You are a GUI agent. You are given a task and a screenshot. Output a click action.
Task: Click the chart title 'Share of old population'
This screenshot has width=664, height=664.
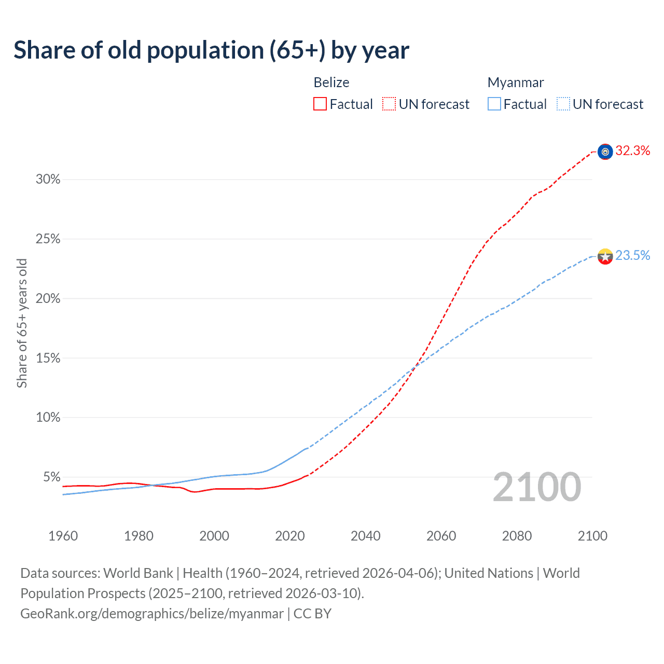pyautogui.click(x=211, y=50)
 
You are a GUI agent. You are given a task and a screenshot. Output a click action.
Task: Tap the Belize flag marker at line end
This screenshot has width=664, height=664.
pyautogui.click(x=605, y=151)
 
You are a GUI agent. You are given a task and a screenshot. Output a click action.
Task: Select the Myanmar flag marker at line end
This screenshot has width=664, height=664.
pyautogui.click(x=605, y=256)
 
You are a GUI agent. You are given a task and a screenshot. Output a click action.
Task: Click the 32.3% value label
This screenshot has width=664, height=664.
pyautogui.click(x=632, y=151)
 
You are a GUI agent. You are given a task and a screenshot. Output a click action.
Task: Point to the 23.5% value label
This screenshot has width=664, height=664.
pyautogui.click(x=632, y=255)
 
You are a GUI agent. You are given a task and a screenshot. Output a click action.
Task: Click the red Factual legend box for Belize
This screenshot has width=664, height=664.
pyautogui.click(x=320, y=104)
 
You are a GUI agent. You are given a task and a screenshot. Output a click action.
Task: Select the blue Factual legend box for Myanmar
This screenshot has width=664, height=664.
pyautogui.click(x=494, y=104)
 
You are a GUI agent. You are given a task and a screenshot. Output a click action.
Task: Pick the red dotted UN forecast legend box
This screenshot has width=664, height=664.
pyautogui.click(x=389, y=104)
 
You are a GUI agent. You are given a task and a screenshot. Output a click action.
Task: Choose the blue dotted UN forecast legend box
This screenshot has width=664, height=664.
pyautogui.click(x=563, y=104)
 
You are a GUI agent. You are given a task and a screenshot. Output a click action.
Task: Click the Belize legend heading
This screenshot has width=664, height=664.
pyautogui.click(x=331, y=82)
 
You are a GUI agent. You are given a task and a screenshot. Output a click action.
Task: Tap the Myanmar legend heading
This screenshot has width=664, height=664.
pyautogui.click(x=516, y=82)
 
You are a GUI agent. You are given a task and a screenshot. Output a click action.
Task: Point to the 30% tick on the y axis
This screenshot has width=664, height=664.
pyautogui.click(x=48, y=179)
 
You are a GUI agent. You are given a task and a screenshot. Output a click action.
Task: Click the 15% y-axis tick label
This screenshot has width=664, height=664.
pyautogui.click(x=48, y=358)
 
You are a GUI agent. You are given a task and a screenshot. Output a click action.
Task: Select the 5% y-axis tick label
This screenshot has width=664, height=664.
pyautogui.click(x=51, y=477)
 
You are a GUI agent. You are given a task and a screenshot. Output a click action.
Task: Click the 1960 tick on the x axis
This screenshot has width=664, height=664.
pyautogui.click(x=63, y=536)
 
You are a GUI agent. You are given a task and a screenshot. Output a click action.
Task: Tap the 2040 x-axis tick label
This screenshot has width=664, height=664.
pyautogui.click(x=365, y=536)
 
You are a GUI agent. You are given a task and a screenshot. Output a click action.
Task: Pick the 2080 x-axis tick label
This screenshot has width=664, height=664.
pyautogui.click(x=517, y=536)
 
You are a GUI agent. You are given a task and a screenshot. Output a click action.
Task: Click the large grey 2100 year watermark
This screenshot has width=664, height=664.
pyautogui.click(x=537, y=487)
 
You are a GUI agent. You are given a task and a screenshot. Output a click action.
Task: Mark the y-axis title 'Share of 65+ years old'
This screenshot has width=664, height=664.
pyautogui.click(x=22, y=323)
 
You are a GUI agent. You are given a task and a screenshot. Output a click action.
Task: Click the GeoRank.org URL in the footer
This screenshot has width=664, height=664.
pyautogui.click(x=152, y=614)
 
